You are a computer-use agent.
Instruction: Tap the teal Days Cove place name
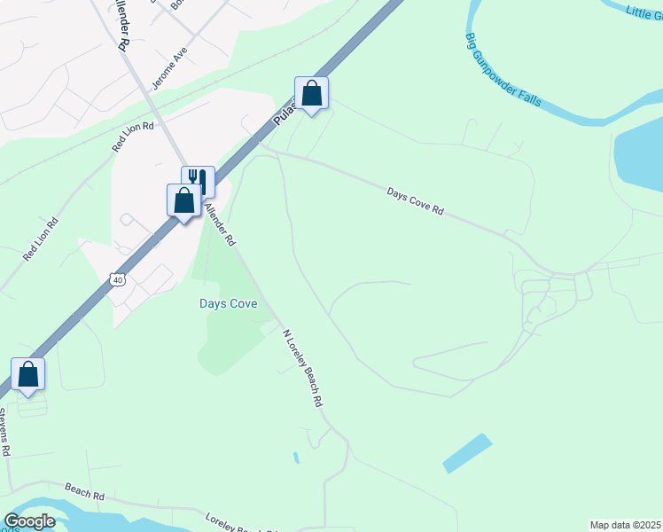click(228, 304)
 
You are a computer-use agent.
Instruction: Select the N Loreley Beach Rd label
click(301, 368)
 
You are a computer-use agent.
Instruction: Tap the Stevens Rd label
click(4, 432)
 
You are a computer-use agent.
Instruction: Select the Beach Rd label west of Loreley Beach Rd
click(85, 489)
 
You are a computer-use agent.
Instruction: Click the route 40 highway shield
click(117, 280)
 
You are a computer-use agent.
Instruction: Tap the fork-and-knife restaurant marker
click(198, 182)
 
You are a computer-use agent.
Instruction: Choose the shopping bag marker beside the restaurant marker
click(183, 200)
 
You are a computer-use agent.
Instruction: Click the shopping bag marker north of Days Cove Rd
click(311, 93)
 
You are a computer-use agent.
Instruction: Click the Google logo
click(29, 521)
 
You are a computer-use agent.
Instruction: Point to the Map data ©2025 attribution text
click(625, 525)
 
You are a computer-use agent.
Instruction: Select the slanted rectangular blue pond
click(467, 453)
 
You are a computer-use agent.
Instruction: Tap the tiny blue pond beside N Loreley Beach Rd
click(296, 458)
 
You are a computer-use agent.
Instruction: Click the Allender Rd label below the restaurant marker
click(219, 224)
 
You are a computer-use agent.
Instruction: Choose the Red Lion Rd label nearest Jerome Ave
click(134, 137)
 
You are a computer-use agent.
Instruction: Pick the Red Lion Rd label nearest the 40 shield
click(41, 239)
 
